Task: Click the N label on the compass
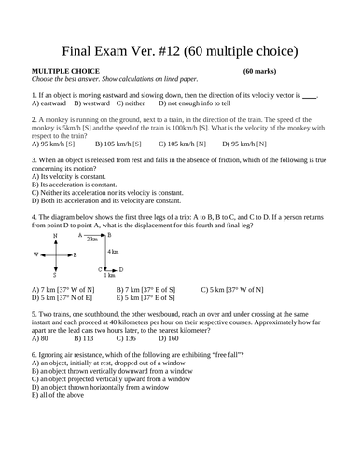55,236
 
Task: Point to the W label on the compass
35,254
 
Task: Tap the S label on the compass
55,275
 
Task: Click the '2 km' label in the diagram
92,240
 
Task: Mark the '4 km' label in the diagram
113,252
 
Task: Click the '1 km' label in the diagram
109,275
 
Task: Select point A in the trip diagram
80,235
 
